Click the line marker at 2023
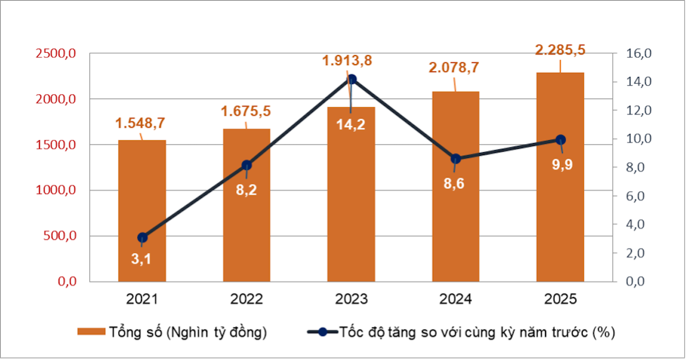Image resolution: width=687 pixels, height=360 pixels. coord(352,80)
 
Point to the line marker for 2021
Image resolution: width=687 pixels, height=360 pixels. coord(143,238)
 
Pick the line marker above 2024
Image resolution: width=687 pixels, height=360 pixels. coord(456,159)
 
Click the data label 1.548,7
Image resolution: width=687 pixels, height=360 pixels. coord(140,122)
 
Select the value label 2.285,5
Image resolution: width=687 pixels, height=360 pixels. coord(560,50)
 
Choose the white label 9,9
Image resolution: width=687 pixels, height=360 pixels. coord(562,164)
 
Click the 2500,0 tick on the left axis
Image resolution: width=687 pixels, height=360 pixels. coord(56,54)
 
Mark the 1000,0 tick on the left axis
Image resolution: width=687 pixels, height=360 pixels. coord(56,191)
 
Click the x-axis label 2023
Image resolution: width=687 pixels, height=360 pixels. coord(351,299)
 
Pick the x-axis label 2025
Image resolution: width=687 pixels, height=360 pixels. coord(560,299)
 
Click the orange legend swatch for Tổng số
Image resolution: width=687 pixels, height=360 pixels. coord(91,332)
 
